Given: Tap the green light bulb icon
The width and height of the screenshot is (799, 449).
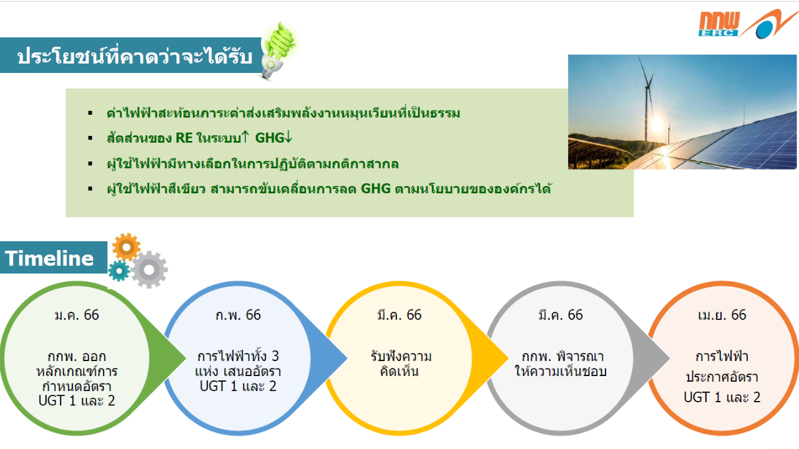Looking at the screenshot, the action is click(x=280, y=50).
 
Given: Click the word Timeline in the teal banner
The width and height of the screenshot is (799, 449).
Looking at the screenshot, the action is click(x=49, y=258).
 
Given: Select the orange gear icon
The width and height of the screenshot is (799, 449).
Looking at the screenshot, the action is click(x=126, y=247).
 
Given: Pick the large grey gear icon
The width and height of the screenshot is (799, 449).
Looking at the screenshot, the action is click(x=149, y=270).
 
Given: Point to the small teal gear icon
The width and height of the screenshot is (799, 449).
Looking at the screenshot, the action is click(x=119, y=271).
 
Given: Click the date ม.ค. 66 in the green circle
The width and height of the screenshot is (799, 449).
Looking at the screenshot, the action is click(x=77, y=315).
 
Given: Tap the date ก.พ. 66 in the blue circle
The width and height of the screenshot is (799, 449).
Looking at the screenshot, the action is click(x=238, y=315).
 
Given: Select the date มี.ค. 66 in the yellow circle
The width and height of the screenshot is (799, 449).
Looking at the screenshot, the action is click(x=399, y=315).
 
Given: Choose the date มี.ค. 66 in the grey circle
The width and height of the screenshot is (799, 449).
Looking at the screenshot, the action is click(x=561, y=315).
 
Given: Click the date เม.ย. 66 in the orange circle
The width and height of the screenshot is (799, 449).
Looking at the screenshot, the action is click(x=722, y=315).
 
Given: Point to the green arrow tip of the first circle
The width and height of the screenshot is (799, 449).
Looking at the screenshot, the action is click(x=185, y=358).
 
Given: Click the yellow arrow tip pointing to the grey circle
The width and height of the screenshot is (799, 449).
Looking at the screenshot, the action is click(x=507, y=358).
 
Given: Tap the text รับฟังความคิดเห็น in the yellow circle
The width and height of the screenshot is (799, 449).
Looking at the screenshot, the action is click(x=401, y=364).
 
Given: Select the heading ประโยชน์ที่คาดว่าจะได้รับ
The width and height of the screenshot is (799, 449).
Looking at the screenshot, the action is click(x=135, y=56).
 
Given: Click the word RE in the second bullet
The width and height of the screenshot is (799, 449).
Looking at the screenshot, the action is click(x=184, y=138).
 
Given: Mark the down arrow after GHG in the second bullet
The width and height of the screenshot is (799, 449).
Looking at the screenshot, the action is click(x=288, y=137).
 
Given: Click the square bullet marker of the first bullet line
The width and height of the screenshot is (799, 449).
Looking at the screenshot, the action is click(x=91, y=113).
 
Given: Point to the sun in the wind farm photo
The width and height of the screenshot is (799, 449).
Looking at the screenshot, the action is click(x=657, y=125).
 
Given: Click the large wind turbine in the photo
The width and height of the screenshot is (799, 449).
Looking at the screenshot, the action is click(x=647, y=99).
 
